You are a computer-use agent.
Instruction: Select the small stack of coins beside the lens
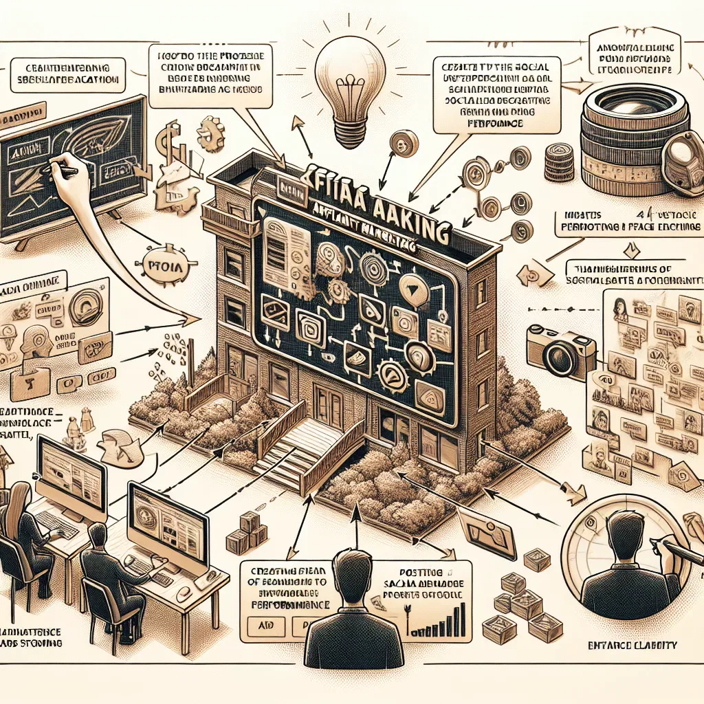coord(559,162)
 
